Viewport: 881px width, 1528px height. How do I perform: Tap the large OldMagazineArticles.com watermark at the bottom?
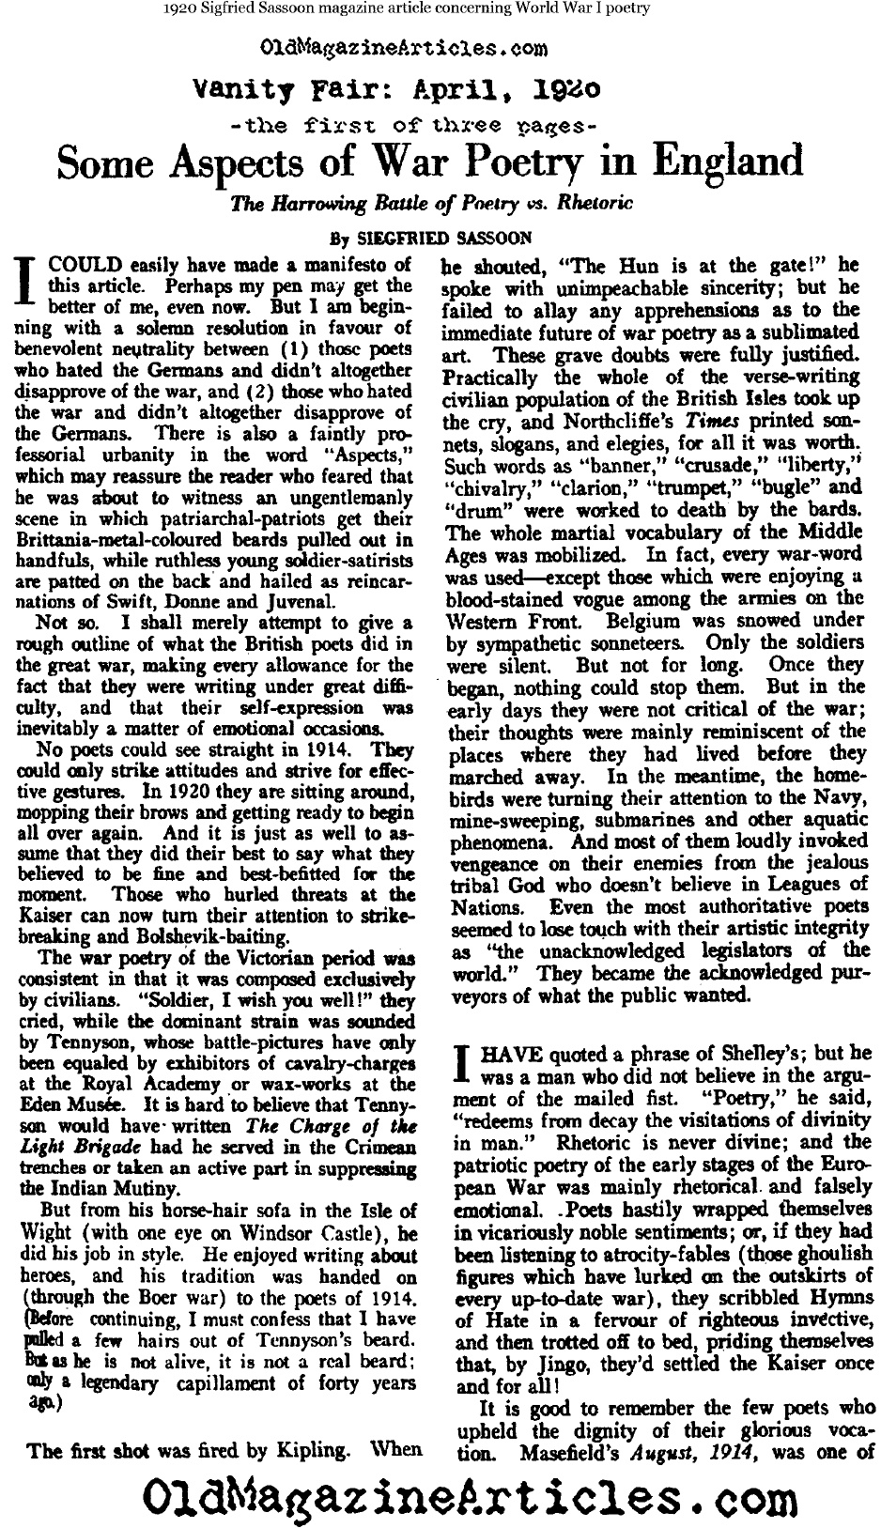pyautogui.click(x=440, y=1494)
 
